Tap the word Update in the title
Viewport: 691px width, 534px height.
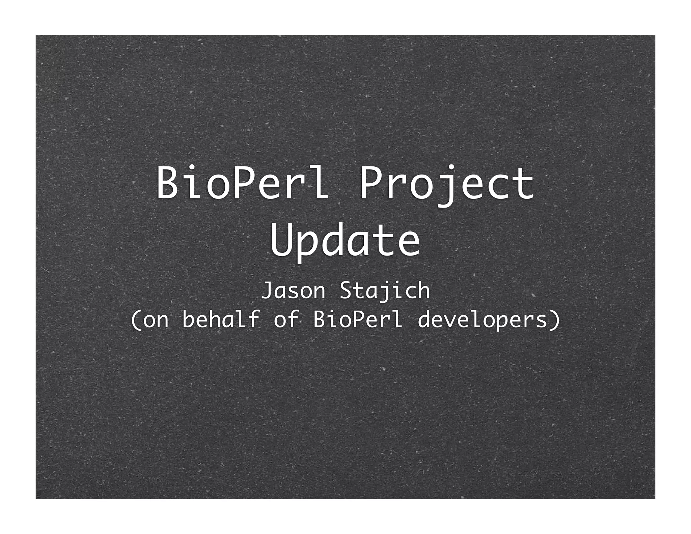[x=345, y=239]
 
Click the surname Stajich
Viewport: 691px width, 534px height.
[x=385, y=291]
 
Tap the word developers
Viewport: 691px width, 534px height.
[x=482, y=320]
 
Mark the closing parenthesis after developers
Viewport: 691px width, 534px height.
[x=555, y=320]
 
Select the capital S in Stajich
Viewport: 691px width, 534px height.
[x=346, y=291]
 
